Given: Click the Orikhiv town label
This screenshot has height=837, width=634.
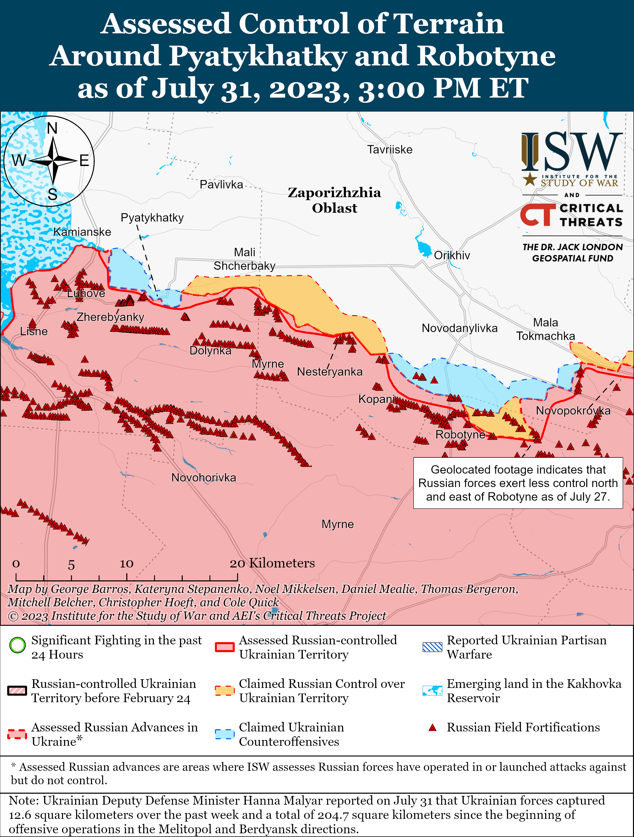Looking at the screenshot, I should [x=452, y=255].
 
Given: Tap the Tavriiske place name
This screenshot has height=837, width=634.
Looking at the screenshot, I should [x=390, y=150].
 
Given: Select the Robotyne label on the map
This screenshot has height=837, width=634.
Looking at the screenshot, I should [x=460, y=434].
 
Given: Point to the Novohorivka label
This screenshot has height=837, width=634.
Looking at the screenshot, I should [x=204, y=478].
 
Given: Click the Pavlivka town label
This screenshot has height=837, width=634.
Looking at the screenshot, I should [x=221, y=185].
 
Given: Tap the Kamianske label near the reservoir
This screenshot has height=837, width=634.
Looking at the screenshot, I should [x=82, y=232].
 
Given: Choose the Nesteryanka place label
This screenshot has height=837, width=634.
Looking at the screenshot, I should [x=330, y=372].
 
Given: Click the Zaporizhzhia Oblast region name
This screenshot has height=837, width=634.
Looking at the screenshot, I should [x=334, y=200].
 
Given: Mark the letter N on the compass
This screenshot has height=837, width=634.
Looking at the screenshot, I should [x=52, y=129].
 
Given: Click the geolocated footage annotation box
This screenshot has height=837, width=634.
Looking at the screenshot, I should [x=518, y=483].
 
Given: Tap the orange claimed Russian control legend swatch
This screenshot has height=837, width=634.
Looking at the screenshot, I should [x=225, y=690].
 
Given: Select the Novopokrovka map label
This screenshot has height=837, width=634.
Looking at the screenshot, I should [x=573, y=411].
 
